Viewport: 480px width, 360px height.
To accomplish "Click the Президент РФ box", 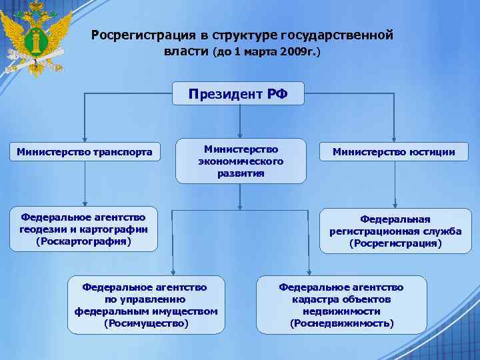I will point(239,94).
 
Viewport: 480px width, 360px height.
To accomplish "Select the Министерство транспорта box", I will point(85,153).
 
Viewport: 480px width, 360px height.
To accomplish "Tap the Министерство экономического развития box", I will point(241,161).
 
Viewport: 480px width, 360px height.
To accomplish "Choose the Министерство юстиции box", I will point(395,153).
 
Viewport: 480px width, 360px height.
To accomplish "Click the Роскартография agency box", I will point(84,229).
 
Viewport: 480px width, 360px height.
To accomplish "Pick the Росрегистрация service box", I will point(395,231).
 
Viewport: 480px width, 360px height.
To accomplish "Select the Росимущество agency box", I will point(146,305).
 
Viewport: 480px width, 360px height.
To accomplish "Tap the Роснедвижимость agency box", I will point(341,305).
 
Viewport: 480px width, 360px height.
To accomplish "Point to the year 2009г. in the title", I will point(303,51).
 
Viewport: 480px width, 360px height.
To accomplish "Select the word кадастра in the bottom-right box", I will point(308,299).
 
